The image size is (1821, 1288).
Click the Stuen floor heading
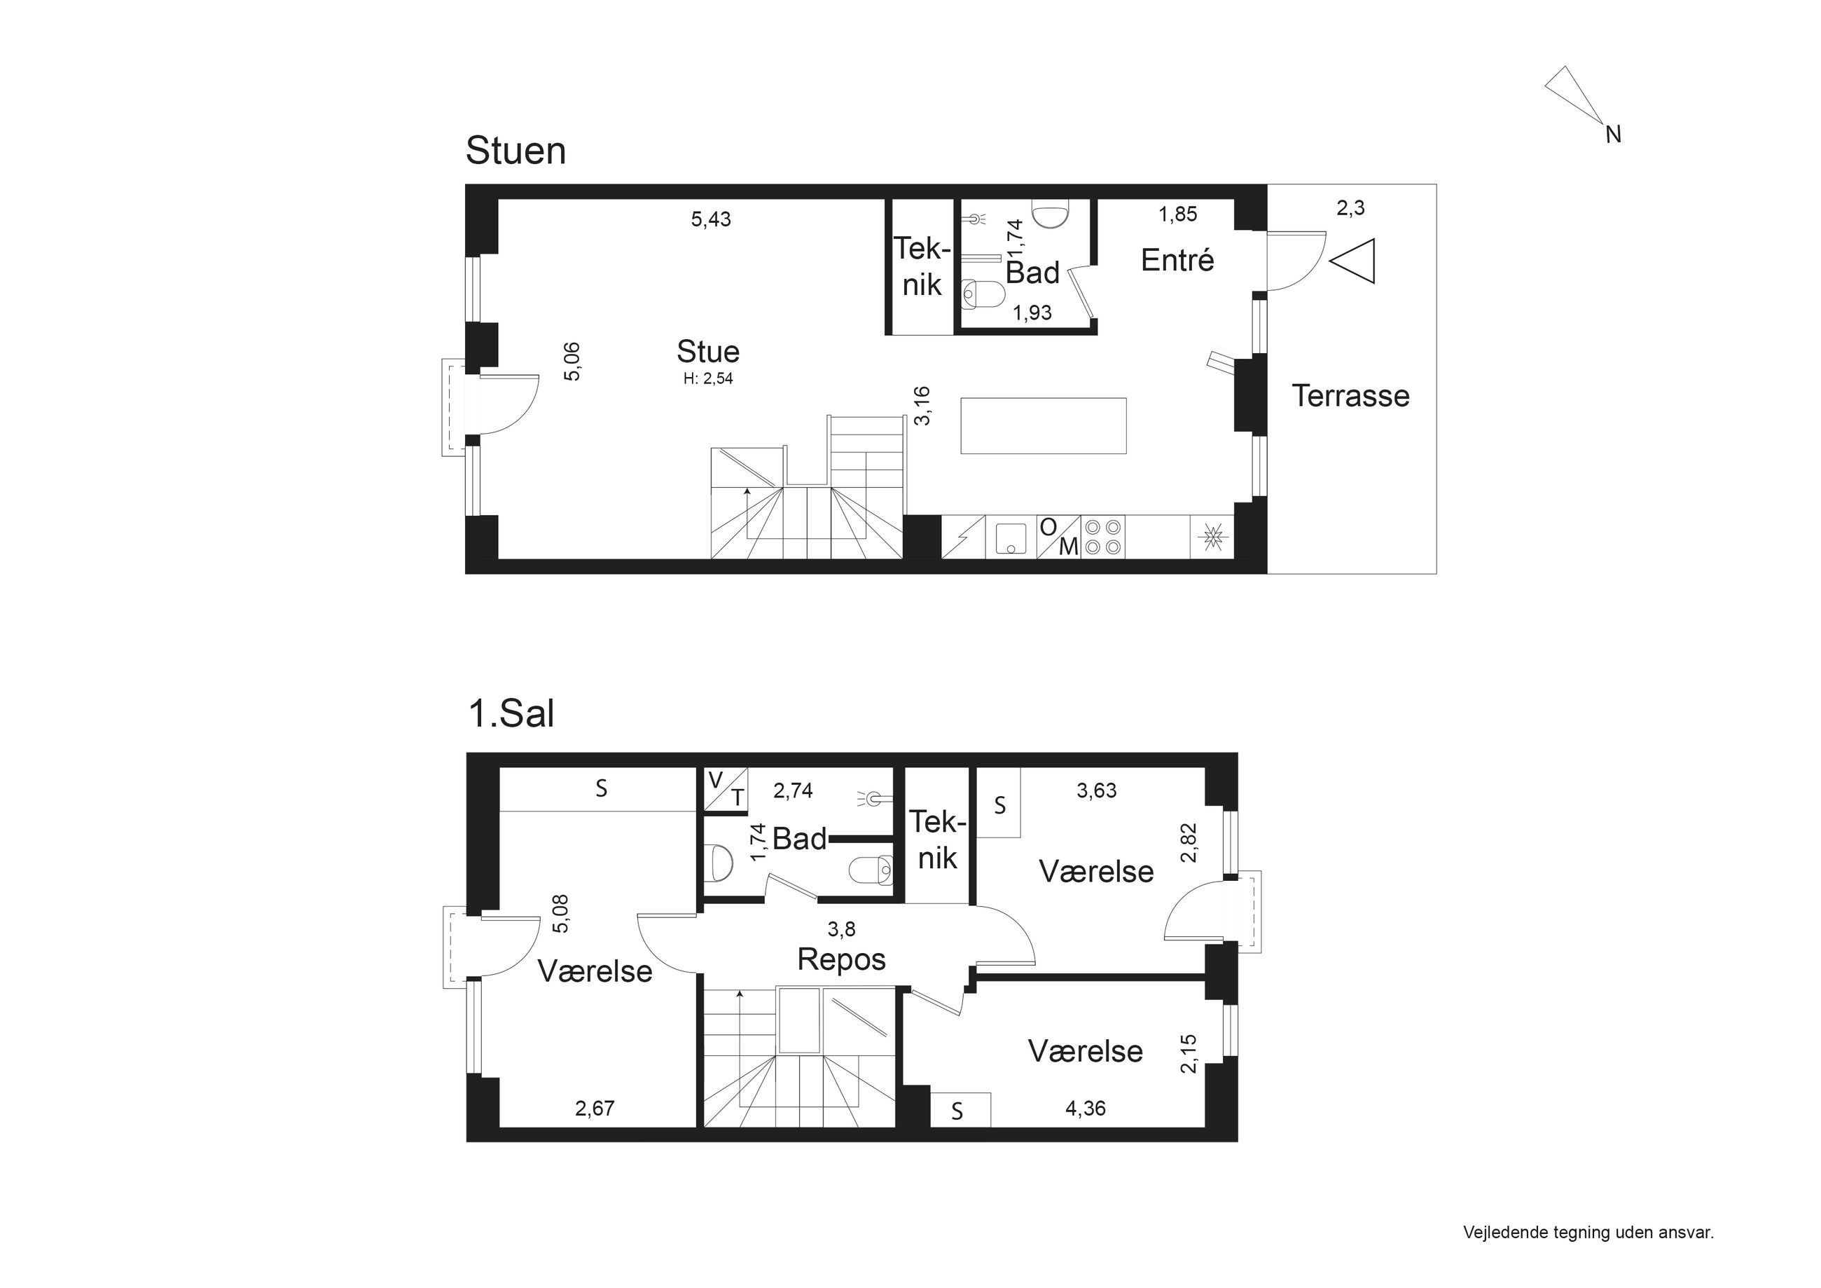coord(515,151)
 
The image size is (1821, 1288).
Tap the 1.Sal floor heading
coord(511,713)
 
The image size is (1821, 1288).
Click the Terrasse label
coord(1350,395)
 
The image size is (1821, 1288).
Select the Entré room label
coord(1177,259)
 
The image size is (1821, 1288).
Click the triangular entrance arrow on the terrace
coord(1352,261)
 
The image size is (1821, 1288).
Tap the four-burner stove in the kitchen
coord(1103,537)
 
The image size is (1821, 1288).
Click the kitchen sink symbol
coord(1011,537)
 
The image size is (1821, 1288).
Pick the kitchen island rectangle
coord(1043,425)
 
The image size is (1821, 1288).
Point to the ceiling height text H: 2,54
coord(708,379)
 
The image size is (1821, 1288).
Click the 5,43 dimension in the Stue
coord(711,219)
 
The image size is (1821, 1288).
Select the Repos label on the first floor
coord(840,959)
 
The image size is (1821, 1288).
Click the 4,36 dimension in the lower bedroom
coord(1085,1109)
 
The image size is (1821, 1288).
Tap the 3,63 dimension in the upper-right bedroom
coord(1096,790)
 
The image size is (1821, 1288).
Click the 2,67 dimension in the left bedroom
coord(595,1109)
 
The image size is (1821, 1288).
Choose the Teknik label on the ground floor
coord(922,267)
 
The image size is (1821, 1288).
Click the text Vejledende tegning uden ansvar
coord(1588,1233)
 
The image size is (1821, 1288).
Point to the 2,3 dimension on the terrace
coord(1350,208)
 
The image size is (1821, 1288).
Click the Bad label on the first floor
coord(798,840)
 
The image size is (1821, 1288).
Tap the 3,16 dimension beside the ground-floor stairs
coord(922,406)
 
